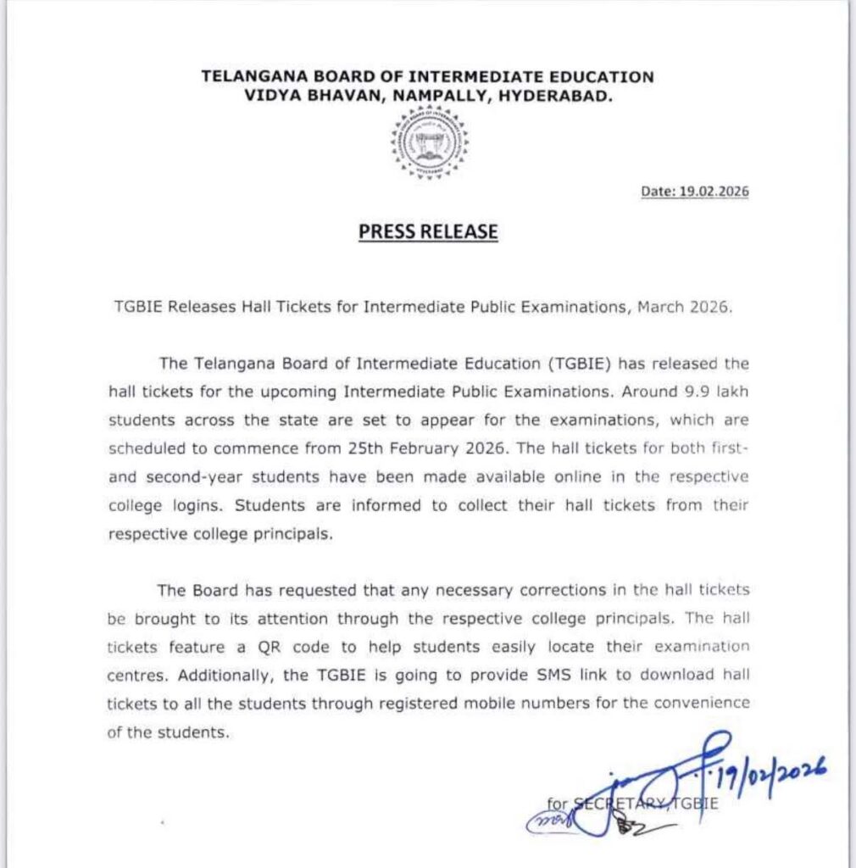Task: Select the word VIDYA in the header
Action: click(271, 97)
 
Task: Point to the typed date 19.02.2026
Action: click(714, 192)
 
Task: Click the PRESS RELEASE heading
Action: click(428, 231)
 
